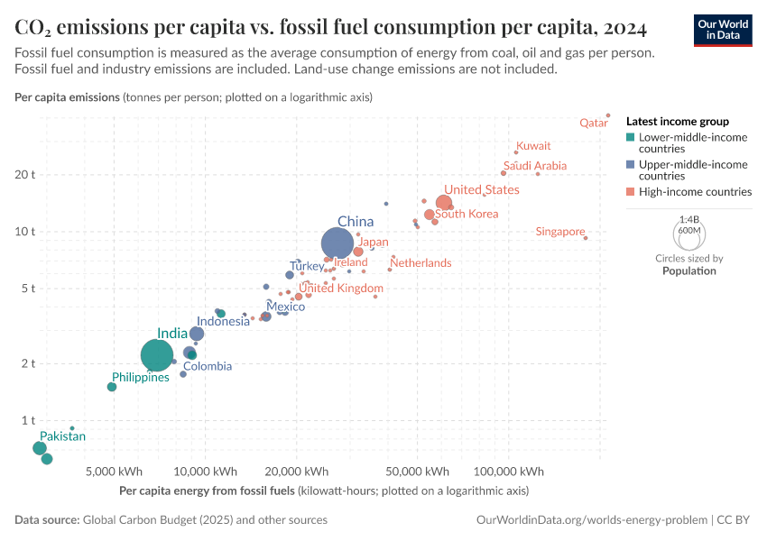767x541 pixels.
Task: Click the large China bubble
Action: point(337,243)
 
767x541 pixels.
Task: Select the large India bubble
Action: point(157,355)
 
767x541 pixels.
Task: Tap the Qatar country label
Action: point(593,123)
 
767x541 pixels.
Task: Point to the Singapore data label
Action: point(559,232)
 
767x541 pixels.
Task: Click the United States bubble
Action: point(443,203)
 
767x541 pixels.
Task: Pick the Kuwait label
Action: point(533,146)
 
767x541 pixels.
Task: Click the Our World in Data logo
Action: point(722,29)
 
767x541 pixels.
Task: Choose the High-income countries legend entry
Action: point(695,192)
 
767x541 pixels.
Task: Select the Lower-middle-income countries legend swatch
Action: point(631,137)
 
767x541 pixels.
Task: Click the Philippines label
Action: point(141,378)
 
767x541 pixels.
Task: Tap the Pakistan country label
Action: point(62,436)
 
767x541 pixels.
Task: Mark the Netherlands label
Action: point(420,263)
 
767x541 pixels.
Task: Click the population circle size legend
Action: point(688,234)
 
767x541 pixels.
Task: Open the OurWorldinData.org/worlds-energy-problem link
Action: point(591,520)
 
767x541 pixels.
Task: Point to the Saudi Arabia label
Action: point(535,166)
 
